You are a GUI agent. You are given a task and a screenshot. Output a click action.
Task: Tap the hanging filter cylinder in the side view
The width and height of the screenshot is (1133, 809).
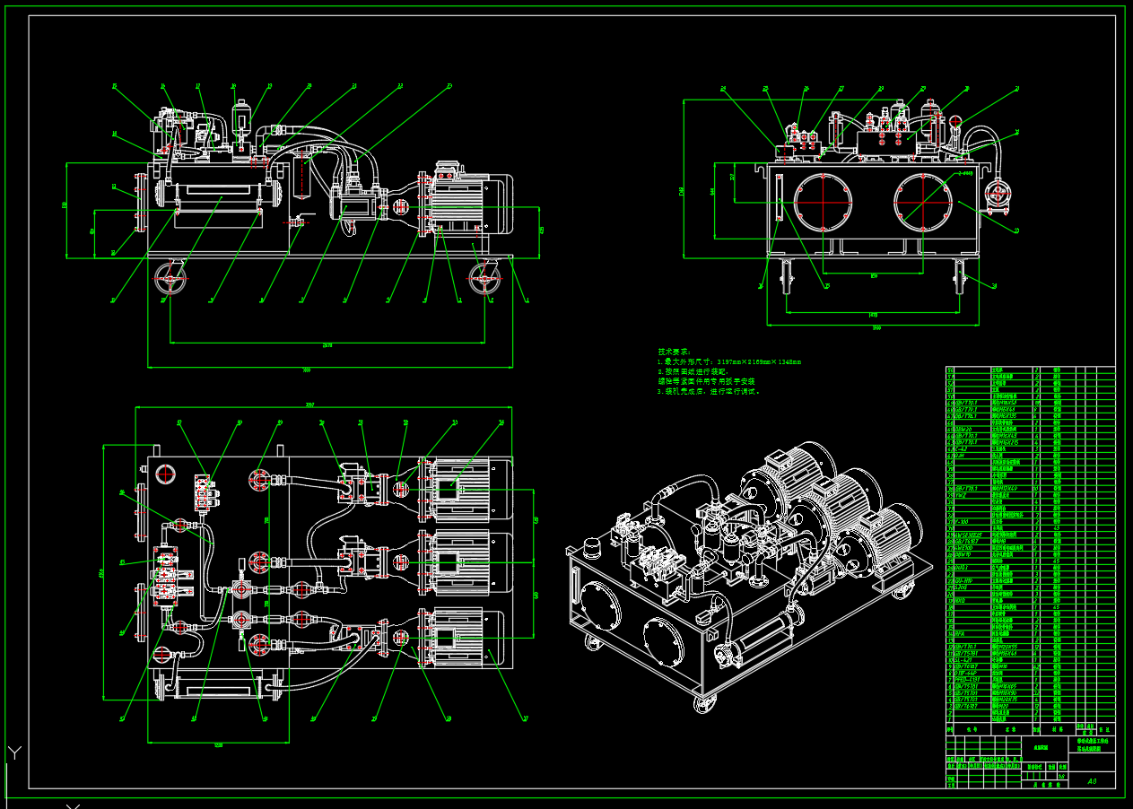click(301, 175)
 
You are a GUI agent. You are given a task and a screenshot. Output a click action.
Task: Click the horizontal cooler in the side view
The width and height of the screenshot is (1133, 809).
click(215, 194)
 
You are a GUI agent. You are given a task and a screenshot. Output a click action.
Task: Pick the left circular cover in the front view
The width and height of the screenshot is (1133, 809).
click(821, 200)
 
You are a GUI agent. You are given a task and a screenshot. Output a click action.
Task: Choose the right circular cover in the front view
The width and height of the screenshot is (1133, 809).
click(921, 200)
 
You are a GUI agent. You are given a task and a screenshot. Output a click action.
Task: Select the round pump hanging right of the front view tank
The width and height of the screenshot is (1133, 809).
click(997, 196)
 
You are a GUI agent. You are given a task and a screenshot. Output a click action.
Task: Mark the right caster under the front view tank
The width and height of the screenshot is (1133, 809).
click(960, 277)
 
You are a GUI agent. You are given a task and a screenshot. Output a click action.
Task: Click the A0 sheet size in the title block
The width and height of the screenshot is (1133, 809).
click(1092, 781)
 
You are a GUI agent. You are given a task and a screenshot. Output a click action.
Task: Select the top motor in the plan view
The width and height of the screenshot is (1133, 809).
click(462, 489)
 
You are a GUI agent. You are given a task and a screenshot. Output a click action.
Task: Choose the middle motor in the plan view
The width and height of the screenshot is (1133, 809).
click(462, 564)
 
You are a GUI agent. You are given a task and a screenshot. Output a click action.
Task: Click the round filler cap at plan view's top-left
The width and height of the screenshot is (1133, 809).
click(165, 474)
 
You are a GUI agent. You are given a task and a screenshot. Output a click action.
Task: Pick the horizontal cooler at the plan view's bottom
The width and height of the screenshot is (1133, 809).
click(215, 688)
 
